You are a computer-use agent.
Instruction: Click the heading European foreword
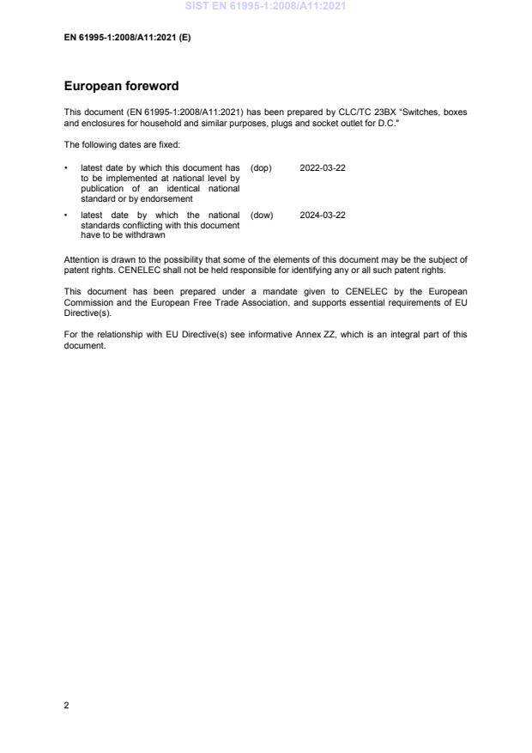point(121,87)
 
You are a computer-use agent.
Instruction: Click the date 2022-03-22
point(323,167)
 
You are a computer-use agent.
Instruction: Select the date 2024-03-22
point(323,215)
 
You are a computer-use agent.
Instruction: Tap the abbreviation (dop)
point(261,167)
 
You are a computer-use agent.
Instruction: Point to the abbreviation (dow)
point(262,215)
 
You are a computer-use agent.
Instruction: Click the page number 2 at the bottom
point(67,705)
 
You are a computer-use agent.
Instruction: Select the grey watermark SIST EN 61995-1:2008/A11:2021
point(266,7)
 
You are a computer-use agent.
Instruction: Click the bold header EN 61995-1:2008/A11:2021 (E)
point(127,39)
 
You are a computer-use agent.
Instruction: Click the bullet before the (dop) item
point(67,167)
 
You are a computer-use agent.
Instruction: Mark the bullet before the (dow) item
point(67,215)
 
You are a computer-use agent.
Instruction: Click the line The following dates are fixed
point(122,144)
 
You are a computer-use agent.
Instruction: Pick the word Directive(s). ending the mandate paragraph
point(88,310)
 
